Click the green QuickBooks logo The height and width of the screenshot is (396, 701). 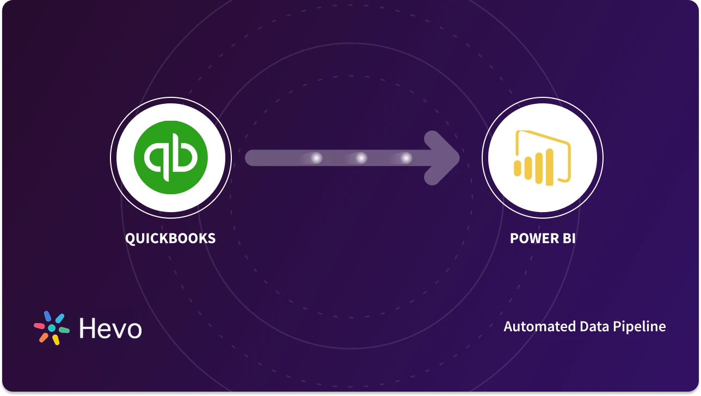click(171, 158)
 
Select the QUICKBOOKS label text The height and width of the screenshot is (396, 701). click(170, 238)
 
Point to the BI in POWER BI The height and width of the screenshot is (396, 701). click(566, 238)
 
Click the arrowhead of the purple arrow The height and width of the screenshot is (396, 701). click(444, 158)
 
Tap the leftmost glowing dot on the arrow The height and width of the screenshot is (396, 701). click(316, 158)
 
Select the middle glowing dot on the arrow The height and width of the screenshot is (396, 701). click(361, 158)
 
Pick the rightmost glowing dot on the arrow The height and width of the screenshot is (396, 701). click(406, 158)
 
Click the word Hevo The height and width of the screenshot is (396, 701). click(110, 329)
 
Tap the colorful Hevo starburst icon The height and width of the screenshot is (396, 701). click(52, 328)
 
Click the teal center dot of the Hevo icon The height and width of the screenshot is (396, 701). click(52, 328)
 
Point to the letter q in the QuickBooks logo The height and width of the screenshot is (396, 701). click(157, 157)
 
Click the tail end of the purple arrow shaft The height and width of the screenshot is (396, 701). click(251, 158)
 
